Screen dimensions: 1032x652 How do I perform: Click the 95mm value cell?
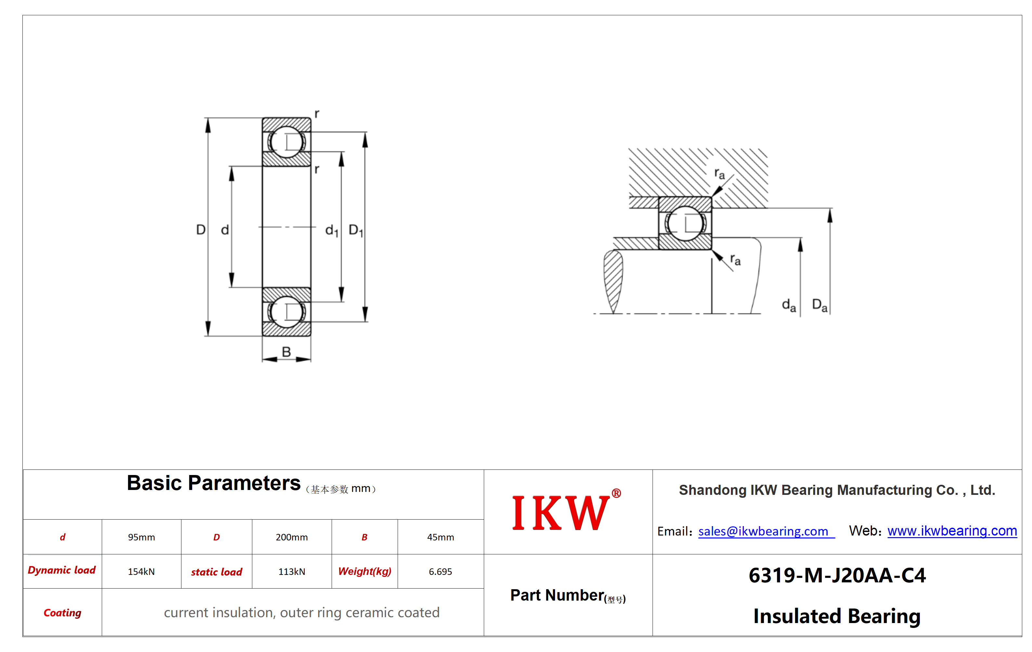tap(141, 537)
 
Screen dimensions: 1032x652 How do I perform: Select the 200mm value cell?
tap(291, 537)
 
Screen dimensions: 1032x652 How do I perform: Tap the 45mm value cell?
tap(440, 537)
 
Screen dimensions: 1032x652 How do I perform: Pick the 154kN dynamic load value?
tap(141, 571)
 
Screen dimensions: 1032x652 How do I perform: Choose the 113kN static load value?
tap(291, 571)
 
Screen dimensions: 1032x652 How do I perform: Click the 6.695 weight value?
tap(440, 571)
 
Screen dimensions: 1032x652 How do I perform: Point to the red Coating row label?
tap(62, 613)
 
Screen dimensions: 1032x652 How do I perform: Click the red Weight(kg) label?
tap(365, 571)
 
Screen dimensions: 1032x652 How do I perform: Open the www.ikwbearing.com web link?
tap(952, 531)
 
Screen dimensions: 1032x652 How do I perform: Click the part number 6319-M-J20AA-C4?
tap(837, 575)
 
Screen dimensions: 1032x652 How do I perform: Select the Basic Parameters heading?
tap(213, 483)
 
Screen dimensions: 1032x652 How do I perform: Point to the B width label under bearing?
tap(286, 352)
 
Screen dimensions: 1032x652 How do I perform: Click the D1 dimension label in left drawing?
tap(356, 230)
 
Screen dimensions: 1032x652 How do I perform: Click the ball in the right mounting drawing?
tap(685, 224)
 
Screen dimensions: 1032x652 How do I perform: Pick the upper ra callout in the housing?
tap(720, 174)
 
